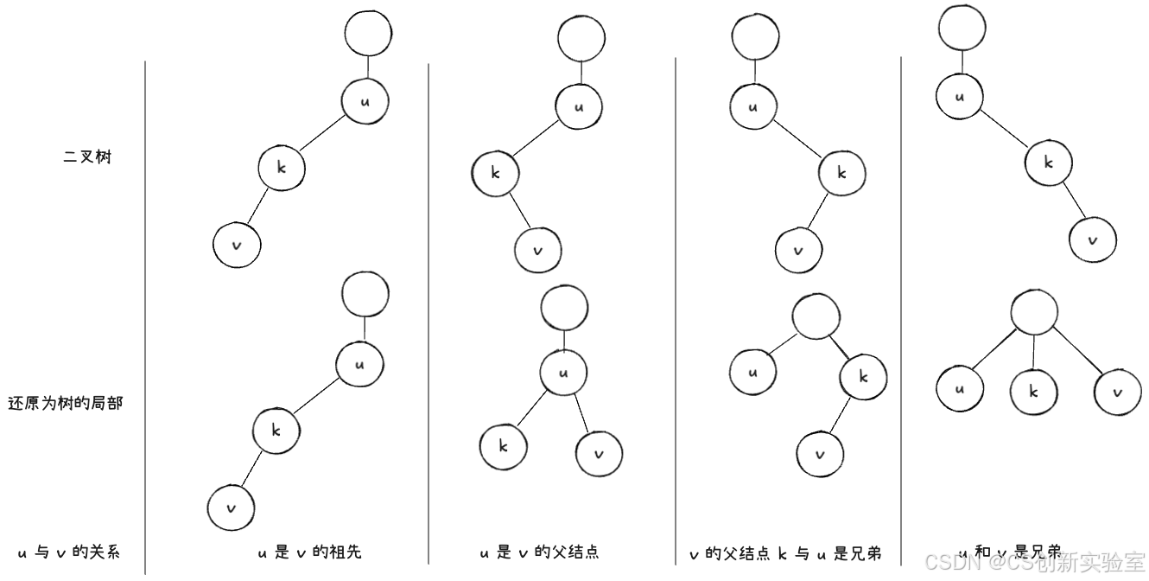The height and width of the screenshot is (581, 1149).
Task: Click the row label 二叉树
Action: tap(88, 157)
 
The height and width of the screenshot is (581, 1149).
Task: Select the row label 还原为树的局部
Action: tap(66, 403)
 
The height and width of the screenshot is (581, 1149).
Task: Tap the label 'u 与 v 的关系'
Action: tap(68, 552)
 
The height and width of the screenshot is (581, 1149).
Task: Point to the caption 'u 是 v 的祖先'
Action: tap(309, 552)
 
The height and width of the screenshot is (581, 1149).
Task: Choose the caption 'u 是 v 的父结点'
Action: tap(539, 552)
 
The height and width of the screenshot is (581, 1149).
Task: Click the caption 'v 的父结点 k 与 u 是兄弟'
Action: tap(784, 553)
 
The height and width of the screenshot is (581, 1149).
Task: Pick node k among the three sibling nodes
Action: tap(1034, 391)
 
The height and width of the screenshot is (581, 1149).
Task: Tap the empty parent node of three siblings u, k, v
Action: tap(1034, 313)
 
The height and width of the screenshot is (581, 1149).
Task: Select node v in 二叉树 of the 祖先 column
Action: tap(237, 245)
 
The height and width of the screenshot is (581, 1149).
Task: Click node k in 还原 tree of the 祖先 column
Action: tap(276, 430)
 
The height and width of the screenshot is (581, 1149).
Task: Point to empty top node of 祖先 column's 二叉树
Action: tap(368, 33)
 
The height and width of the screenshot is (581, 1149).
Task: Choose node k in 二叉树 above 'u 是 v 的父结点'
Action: tap(495, 172)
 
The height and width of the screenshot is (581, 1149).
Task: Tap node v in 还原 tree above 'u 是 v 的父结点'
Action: tap(600, 453)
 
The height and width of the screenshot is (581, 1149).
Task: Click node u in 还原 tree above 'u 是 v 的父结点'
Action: tap(563, 373)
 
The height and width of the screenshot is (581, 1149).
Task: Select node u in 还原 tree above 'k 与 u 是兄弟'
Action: tap(752, 373)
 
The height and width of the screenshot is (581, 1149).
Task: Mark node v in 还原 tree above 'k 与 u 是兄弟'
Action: tap(820, 454)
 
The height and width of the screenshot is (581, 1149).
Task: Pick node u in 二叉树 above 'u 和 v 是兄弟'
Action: tap(959, 96)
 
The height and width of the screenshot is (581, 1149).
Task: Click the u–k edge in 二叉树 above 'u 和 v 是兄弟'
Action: tap(1004, 130)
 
